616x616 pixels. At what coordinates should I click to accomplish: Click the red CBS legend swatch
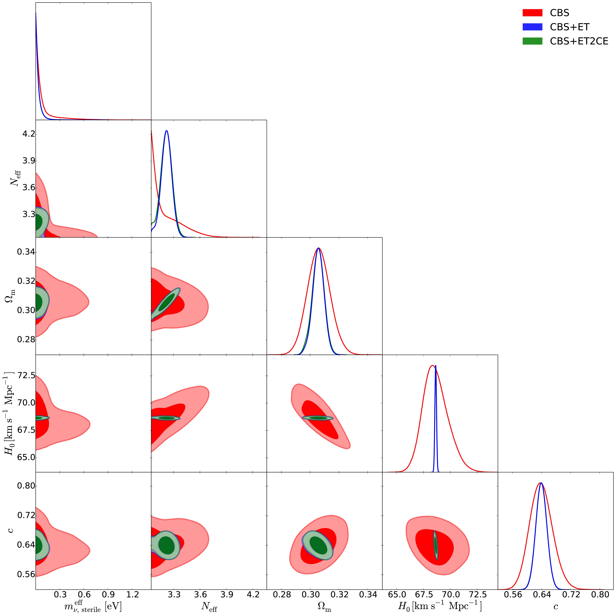(532, 13)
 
